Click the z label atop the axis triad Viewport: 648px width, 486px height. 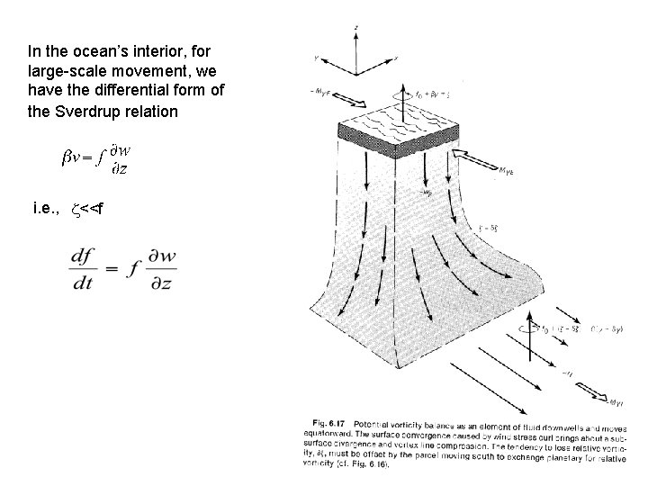tap(356, 29)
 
